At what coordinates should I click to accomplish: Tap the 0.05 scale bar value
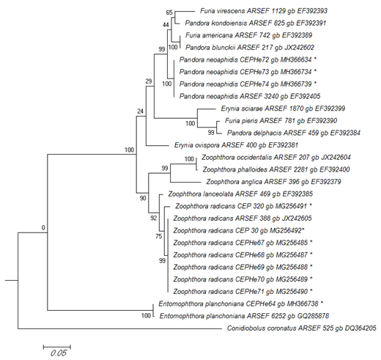pos(59,353)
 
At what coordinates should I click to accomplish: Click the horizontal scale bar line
pos(57,347)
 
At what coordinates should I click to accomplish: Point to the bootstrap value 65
pos(169,12)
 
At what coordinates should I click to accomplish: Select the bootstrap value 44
pos(166,25)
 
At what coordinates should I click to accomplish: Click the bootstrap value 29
pos(149,81)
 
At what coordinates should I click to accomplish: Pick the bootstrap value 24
pos(140,111)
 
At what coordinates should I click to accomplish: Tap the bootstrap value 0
pos(43,228)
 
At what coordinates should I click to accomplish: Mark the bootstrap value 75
pos(159,236)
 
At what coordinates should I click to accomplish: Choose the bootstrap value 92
pos(153,218)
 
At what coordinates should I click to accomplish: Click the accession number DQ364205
pos(360,328)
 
